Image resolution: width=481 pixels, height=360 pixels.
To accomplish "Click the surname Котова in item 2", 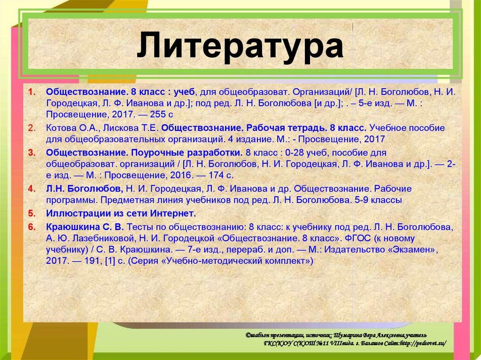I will click(59, 128).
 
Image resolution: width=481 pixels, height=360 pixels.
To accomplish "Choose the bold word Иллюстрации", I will click(70, 213).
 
